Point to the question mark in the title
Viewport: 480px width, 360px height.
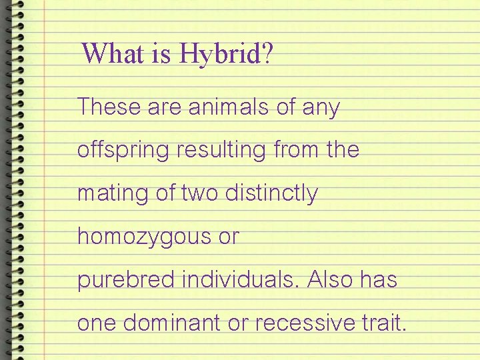point(268,53)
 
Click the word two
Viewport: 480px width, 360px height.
point(200,193)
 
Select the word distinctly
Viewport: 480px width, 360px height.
point(272,194)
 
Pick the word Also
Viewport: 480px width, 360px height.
point(332,280)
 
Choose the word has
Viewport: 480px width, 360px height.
point(380,280)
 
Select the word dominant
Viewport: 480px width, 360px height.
point(171,323)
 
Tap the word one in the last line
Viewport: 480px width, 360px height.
point(96,323)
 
